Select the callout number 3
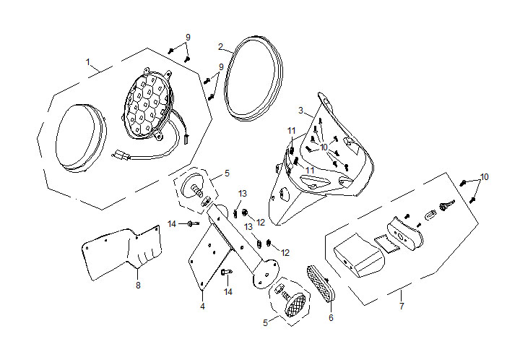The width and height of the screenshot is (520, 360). [300, 111]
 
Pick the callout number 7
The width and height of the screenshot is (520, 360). [401, 307]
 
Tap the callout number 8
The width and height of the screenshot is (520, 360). [138, 285]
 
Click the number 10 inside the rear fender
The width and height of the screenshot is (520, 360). [324, 147]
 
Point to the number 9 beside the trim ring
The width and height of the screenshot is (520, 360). [221, 67]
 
